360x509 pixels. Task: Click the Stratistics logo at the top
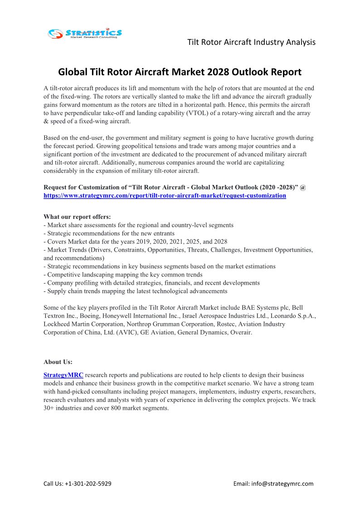tap(85, 33)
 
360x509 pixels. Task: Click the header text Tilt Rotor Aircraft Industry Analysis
tap(251, 42)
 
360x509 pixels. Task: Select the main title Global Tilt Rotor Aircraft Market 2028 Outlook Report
tap(180, 72)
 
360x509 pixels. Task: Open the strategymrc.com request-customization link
tap(165, 195)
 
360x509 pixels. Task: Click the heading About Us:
tap(58, 362)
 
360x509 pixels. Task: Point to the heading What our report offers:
tap(77, 217)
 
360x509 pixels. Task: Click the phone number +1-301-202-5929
tap(89, 484)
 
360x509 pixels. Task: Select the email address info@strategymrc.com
tap(286, 484)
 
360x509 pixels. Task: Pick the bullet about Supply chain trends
tap(135, 291)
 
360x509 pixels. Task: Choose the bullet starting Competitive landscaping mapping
tap(123, 274)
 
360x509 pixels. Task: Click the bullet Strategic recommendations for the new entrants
tap(109, 233)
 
